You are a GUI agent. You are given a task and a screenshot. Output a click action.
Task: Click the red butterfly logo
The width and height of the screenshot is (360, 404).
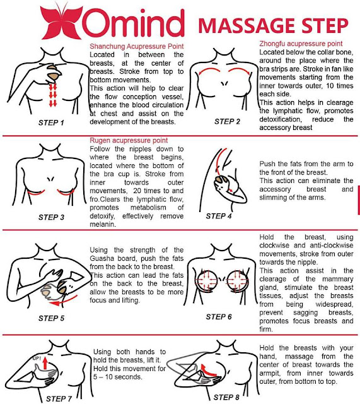62,23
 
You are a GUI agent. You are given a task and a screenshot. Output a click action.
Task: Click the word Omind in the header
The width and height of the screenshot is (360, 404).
134,23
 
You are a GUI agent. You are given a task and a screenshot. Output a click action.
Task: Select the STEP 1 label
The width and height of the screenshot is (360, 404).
51,122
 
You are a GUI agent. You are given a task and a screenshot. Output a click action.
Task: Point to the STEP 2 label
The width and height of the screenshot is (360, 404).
227,121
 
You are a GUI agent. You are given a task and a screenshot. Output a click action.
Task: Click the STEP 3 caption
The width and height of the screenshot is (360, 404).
51,217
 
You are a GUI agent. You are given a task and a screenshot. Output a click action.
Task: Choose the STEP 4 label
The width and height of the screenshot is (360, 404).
219,216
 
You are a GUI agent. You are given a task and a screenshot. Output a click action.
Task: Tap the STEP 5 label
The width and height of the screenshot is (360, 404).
51,318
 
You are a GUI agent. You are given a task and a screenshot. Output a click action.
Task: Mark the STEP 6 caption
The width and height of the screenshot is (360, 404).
219,317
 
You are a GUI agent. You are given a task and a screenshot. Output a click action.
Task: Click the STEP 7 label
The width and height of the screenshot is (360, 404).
59,398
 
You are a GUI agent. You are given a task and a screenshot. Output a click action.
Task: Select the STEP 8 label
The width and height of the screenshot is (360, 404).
226,397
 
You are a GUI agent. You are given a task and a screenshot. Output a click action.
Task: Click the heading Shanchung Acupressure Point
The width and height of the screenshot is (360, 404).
137,46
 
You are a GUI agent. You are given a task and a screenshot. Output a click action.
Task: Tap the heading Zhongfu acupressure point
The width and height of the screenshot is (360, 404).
301,44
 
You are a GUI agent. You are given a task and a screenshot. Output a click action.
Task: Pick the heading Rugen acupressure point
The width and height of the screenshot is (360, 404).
129,140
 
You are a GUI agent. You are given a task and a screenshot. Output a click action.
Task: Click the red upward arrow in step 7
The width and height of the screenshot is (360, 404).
45,363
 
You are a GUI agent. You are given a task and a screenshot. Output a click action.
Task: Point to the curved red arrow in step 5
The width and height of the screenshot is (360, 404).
64,302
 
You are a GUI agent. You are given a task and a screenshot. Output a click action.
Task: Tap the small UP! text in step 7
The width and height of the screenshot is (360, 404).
37,359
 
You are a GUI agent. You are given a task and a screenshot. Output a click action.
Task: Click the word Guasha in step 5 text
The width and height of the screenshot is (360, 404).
102,258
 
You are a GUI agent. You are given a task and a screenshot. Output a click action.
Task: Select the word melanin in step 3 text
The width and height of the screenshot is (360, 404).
103,225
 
